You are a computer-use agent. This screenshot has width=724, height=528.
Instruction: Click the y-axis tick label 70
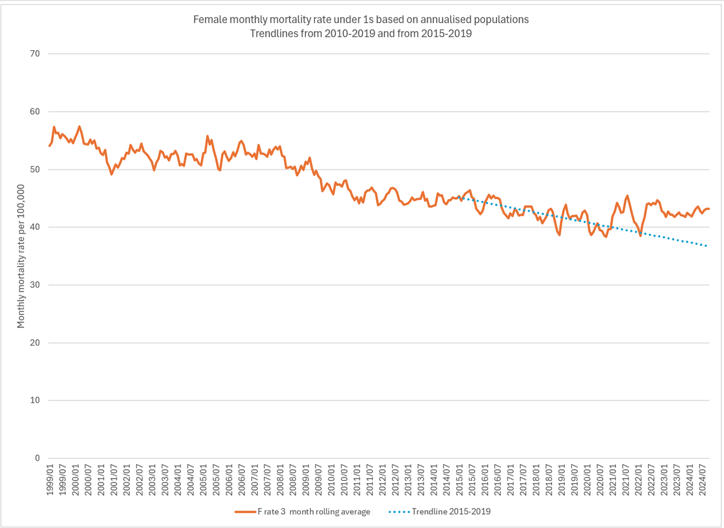[34, 54]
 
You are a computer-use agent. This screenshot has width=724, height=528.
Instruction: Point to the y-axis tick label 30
[34, 285]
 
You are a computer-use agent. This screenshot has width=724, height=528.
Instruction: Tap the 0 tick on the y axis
[37, 458]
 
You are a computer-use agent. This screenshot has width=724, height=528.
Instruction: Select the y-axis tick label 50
[34, 170]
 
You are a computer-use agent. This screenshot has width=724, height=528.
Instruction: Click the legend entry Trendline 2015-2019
[453, 512]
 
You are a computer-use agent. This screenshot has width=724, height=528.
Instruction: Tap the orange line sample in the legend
[244, 512]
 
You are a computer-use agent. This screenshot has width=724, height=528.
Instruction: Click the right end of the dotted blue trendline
[707, 246]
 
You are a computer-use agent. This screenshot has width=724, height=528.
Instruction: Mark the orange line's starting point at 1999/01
[49, 146]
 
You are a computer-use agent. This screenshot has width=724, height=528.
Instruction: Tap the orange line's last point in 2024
[708, 209]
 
